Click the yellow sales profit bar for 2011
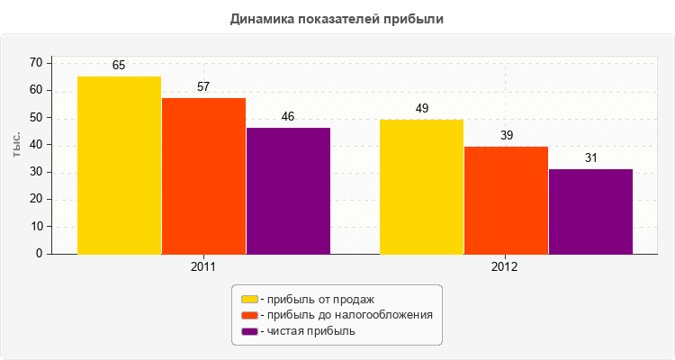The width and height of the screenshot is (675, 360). coord(119,166)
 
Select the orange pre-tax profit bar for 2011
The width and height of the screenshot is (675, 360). coord(203,176)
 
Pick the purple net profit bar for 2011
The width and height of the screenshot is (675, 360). coord(288,191)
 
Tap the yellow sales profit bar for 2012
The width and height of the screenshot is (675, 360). coord(421,187)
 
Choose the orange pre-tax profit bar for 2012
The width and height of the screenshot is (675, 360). coord(506,201)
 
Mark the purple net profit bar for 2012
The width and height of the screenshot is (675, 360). coord(590,211)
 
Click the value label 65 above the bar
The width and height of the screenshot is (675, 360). coord(119,66)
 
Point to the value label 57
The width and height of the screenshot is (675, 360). coord(203,87)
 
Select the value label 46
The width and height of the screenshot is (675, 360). coord(288,117)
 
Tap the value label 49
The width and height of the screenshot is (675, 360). coord(421,109)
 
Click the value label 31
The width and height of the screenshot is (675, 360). coord(590,158)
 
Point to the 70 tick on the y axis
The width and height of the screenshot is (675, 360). coord(36,63)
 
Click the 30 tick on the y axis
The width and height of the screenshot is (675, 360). coord(36,172)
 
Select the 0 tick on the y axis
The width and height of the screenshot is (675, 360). coord(40,254)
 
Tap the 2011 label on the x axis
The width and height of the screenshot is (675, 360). coord(203,268)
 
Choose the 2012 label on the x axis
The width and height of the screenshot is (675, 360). coord(505,268)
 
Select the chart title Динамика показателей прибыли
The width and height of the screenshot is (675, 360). coord(337,18)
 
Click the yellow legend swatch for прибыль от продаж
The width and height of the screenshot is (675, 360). coord(249,299)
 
